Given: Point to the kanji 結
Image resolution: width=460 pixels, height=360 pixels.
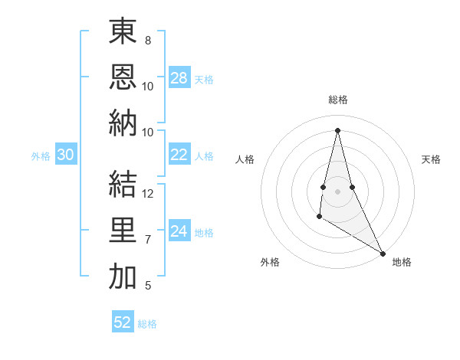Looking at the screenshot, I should [x=123, y=185].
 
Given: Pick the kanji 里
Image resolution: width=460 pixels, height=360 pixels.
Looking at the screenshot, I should [x=123, y=231].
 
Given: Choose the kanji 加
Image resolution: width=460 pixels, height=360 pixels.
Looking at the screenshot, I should [x=123, y=277].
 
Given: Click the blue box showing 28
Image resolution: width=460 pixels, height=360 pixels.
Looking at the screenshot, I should [x=179, y=77].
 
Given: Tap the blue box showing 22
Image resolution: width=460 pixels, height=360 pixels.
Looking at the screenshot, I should [x=179, y=155].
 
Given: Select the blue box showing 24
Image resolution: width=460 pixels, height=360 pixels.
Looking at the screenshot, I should [x=179, y=231].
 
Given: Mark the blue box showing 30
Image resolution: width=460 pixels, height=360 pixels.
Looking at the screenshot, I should [x=66, y=155].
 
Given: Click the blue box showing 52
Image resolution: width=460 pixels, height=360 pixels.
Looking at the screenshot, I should [x=123, y=322].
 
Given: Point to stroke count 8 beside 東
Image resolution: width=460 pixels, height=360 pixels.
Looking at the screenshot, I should [x=147, y=40].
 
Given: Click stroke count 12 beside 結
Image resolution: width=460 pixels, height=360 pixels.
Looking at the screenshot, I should [x=149, y=194].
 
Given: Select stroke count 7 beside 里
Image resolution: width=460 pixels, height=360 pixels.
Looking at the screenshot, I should [x=147, y=240].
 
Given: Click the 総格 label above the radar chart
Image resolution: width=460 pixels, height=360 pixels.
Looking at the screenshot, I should [x=338, y=100].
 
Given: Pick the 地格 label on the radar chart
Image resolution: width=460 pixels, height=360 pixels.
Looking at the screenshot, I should [x=402, y=263].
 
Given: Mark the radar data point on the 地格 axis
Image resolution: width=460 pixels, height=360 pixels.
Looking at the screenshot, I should [x=383, y=253].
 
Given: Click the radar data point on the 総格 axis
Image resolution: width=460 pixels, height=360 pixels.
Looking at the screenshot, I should [x=337, y=129].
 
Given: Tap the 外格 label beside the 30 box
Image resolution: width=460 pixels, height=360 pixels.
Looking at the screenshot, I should [x=41, y=156].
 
